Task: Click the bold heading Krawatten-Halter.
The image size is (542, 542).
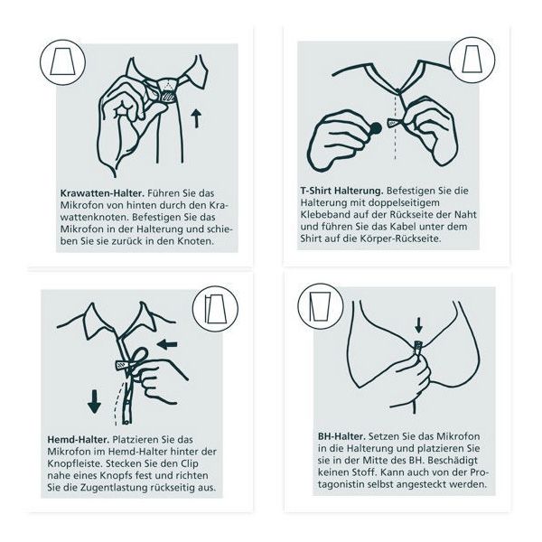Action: (101, 193)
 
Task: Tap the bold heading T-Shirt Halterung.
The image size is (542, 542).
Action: (341, 191)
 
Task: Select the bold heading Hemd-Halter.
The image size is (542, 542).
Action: (78, 439)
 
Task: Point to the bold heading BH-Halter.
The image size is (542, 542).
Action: (341, 436)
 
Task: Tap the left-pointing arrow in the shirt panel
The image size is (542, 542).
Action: (167, 344)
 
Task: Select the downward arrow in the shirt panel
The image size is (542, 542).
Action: (94, 401)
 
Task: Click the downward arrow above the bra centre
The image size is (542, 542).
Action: (418, 325)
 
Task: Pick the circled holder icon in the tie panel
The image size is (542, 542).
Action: (62, 62)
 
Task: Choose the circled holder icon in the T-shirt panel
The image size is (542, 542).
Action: (472, 61)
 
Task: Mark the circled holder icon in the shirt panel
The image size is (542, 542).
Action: (215, 309)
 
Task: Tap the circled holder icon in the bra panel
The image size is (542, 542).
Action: (321, 306)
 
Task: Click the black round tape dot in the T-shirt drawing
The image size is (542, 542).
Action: (376, 128)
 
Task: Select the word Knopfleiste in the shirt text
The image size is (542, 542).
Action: (73, 463)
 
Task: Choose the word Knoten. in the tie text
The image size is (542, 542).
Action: (196, 241)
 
